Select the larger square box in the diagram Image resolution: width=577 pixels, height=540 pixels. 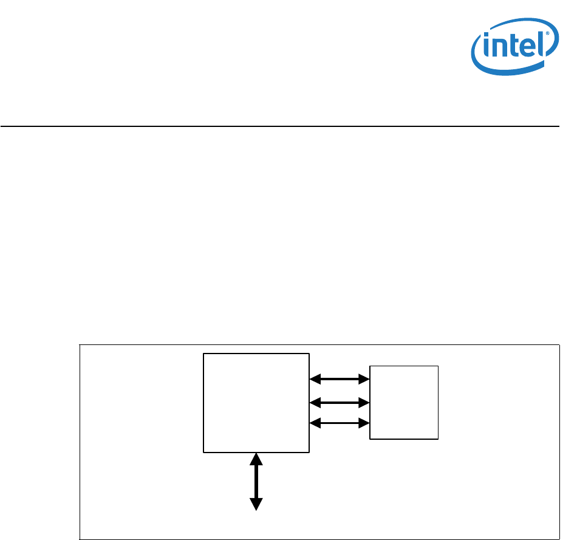[256, 402]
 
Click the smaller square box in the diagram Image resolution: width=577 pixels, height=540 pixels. [404, 402]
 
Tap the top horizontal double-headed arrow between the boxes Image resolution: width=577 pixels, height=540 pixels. [340, 380]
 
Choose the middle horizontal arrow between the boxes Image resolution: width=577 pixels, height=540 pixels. [340, 402]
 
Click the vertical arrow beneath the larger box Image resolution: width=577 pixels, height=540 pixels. [256, 481]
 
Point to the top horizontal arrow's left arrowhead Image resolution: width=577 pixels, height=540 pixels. [315, 380]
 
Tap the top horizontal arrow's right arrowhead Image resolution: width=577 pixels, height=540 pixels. [365, 380]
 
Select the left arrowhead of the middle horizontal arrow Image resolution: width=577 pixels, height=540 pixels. [315, 402]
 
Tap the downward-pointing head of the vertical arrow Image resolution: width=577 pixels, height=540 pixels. [256, 504]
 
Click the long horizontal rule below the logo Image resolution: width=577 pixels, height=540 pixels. [279, 126]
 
